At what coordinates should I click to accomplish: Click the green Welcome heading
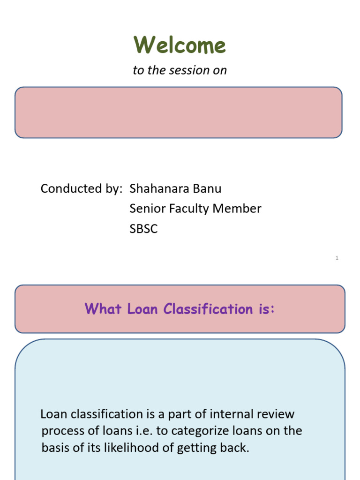point(180,45)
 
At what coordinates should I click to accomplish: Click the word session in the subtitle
point(192,70)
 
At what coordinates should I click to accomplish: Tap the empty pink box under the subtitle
point(178,112)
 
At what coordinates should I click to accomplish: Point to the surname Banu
point(209,189)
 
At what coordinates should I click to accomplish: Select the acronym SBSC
point(143,229)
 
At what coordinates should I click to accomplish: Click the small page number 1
point(337,258)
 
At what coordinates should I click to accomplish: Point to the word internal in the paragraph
point(231,414)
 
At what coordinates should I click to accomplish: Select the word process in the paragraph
point(61,431)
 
